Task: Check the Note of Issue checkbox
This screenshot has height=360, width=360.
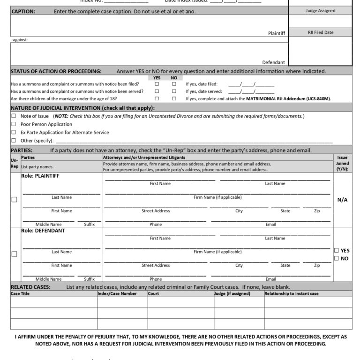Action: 14,116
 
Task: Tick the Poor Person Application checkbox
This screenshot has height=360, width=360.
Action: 14,124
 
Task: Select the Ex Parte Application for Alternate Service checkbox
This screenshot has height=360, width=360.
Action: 14,132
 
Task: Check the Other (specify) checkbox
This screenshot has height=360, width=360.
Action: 14,140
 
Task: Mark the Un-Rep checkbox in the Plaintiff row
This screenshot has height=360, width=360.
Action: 14,199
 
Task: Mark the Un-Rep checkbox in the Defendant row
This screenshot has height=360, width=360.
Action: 14,254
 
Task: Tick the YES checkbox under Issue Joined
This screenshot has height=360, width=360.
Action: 336,250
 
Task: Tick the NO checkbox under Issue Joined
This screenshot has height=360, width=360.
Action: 336,258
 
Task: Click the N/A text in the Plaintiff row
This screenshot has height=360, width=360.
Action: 342,200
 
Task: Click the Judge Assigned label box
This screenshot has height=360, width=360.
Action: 320,11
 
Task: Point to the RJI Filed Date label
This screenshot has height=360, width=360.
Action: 320,32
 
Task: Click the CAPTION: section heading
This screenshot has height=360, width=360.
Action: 23,11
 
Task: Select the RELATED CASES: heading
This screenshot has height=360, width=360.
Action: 30,287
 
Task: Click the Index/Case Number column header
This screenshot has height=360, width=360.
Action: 117,294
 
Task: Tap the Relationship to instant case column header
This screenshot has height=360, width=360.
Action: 291,294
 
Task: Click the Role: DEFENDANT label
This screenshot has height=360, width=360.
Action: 43,231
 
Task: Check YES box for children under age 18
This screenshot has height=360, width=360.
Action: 157,99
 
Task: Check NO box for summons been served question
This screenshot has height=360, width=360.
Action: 174,91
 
